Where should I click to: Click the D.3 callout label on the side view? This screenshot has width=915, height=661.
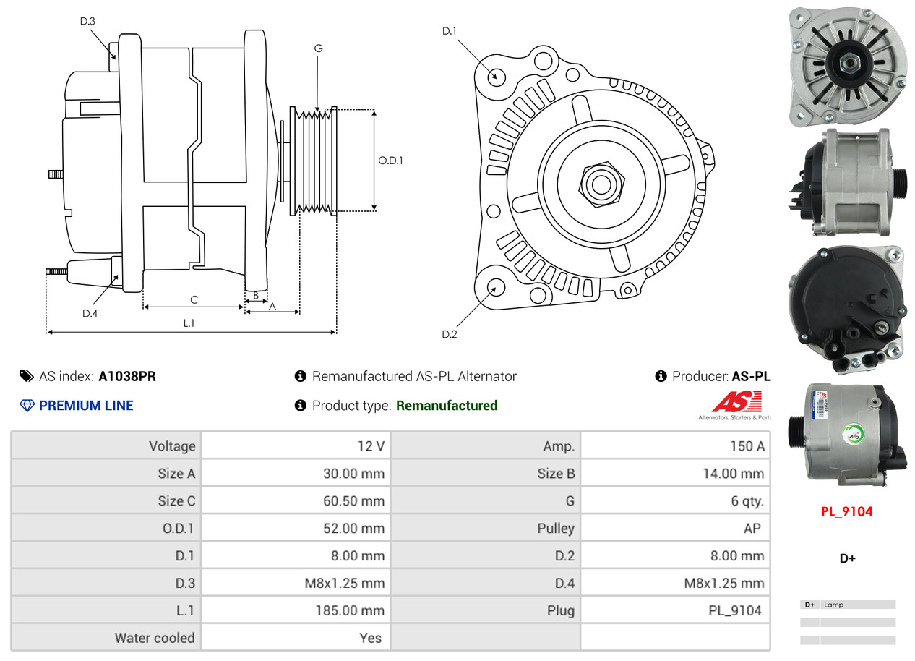pyautogui.click(x=87, y=21)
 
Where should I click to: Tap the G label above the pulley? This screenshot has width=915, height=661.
pyautogui.click(x=318, y=48)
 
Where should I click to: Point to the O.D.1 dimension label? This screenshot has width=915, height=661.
pyautogui.click(x=390, y=161)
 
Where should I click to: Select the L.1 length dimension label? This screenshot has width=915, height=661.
pyautogui.click(x=189, y=323)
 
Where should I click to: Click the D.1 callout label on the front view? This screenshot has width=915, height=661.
pyautogui.click(x=450, y=30)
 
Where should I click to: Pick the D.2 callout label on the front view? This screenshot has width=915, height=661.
pyautogui.click(x=450, y=334)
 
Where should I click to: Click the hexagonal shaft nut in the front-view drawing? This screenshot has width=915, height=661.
pyautogui.click(x=602, y=184)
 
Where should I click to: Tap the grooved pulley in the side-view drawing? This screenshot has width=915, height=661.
pyautogui.click(x=313, y=161)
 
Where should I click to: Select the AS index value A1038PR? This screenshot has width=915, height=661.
pyautogui.click(x=127, y=376)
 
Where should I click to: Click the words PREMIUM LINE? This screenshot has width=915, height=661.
pyautogui.click(x=86, y=406)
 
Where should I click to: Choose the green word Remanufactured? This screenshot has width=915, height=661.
pyautogui.click(x=447, y=406)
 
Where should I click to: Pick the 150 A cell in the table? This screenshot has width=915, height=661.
pyautogui.click(x=747, y=446)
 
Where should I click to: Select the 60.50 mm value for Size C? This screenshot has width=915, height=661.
pyautogui.click(x=353, y=500)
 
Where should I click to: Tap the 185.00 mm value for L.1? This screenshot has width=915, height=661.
pyautogui.click(x=350, y=610)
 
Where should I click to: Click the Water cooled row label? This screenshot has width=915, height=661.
pyautogui.click(x=155, y=638)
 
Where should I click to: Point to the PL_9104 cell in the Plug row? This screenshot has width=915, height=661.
pyautogui.click(x=735, y=610)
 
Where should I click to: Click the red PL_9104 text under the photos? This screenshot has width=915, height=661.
pyautogui.click(x=847, y=511)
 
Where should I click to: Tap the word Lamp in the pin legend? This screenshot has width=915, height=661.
pyautogui.click(x=833, y=605)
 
